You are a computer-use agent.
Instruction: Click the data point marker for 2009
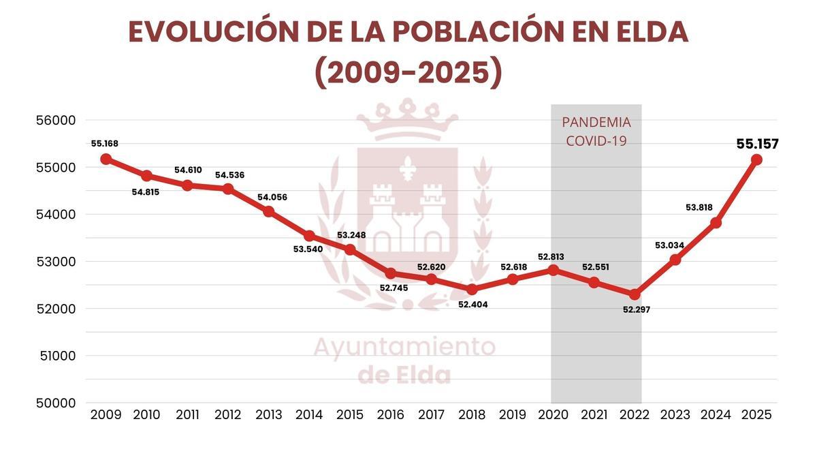coord(106,159)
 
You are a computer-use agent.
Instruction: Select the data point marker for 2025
coord(756,159)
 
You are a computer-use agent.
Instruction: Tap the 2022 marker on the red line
coord(635,294)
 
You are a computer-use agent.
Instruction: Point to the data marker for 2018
coord(472,290)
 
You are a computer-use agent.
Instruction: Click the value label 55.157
coord(757,144)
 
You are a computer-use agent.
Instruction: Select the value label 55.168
coord(105,144)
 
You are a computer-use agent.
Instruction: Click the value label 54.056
coord(272,198)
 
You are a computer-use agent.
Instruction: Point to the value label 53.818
coord(699,207)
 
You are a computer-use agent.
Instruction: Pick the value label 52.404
coord(473,305)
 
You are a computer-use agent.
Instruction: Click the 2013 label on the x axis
coord(268,415)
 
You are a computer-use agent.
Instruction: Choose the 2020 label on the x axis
coord(553,415)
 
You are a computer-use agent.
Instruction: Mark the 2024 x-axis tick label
coord(716,415)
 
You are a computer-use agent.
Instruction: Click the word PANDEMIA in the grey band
coord(596,123)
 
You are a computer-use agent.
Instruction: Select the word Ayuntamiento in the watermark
coord(404,347)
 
